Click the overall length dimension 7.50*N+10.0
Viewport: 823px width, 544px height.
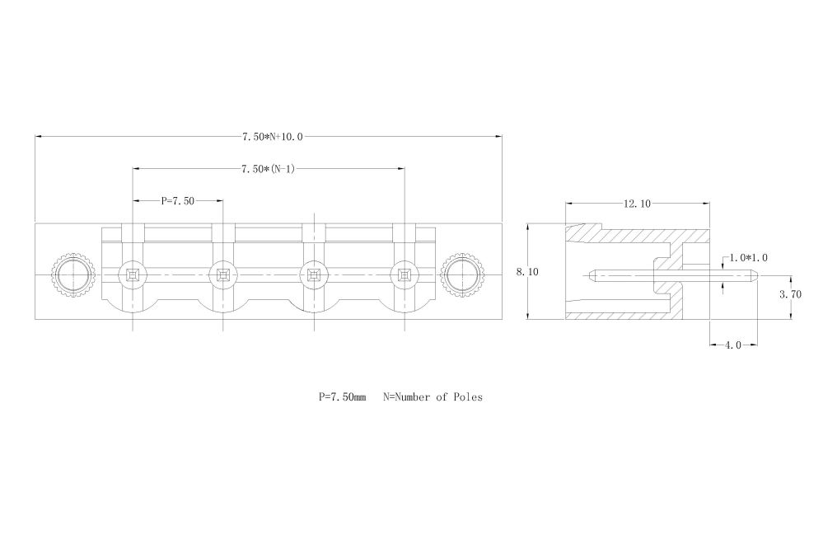pyautogui.click(x=272, y=137)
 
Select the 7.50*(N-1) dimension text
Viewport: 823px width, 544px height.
pyautogui.click(x=268, y=169)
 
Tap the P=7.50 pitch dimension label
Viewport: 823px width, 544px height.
pyautogui.click(x=178, y=200)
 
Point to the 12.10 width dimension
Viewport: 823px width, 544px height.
pyautogui.click(x=637, y=204)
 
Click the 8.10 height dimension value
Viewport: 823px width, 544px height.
pyautogui.click(x=527, y=272)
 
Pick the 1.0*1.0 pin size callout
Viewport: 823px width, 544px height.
pyautogui.click(x=750, y=258)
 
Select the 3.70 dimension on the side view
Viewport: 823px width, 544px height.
pyautogui.click(x=790, y=294)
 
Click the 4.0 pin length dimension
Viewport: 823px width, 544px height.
pyautogui.click(x=732, y=345)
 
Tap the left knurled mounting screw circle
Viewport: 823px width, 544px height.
pyautogui.click(x=73, y=274)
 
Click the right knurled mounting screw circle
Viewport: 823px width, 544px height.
pyautogui.click(x=462, y=274)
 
